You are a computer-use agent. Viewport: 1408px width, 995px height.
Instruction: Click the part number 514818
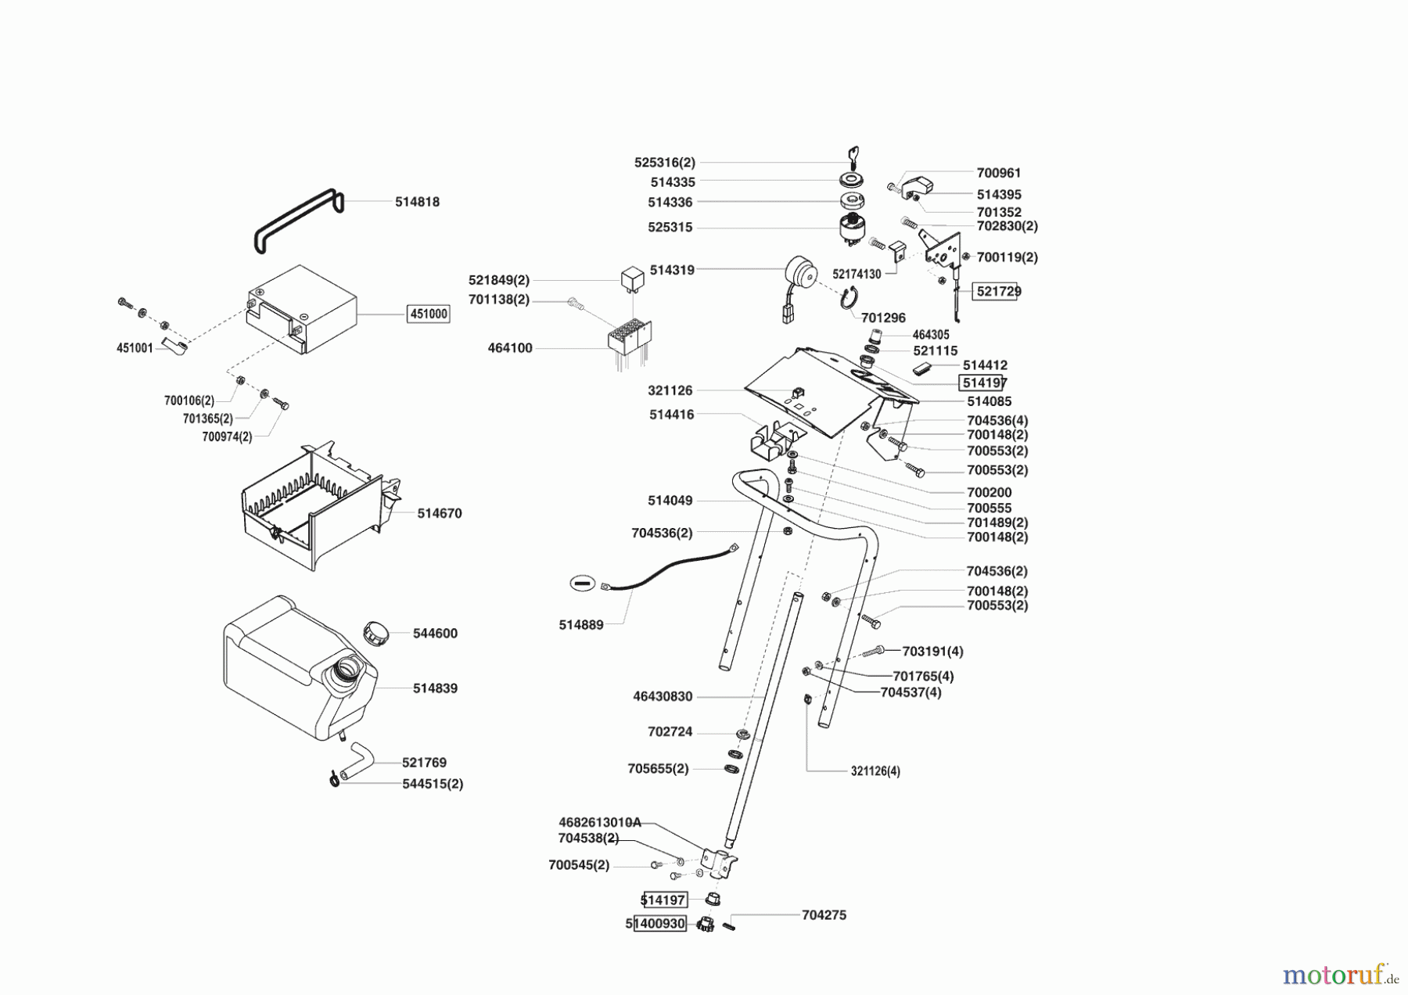point(417,202)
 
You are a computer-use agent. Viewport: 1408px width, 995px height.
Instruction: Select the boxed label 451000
point(429,314)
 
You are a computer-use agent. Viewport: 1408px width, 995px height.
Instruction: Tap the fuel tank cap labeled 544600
point(376,632)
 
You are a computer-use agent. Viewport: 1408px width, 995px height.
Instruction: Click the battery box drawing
point(301,309)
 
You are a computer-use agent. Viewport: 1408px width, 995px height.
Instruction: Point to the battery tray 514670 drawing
point(317,505)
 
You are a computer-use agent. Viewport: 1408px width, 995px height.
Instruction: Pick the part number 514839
point(435,688)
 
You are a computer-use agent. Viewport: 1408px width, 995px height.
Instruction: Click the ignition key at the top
point(854,156)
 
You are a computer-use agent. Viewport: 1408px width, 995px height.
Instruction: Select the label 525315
point(670,228)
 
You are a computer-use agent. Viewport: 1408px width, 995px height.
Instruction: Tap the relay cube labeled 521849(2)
point(632,278)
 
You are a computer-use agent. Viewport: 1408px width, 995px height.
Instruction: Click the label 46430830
point(663,696)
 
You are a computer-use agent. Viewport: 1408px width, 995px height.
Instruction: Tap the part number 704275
point(824,914)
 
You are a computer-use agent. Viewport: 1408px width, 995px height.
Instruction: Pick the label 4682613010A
point(599,822)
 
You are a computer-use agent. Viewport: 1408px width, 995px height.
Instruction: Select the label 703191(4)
point(932,651)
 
